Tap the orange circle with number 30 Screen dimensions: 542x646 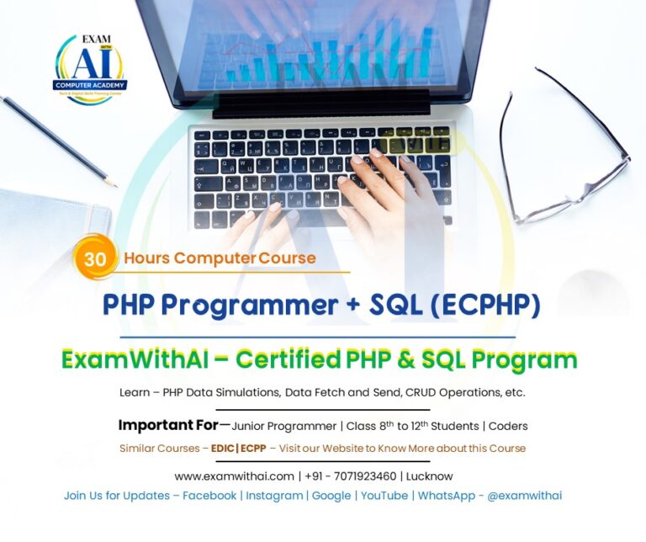(x=95, y=259)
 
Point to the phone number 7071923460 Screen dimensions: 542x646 (x=363, y=476)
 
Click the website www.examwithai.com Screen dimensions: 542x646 (x=234, y=476)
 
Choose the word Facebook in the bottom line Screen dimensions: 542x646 (x=209, y=496)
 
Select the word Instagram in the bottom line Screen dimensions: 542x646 (x=274, y=496)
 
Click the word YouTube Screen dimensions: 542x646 (x=384, y=496)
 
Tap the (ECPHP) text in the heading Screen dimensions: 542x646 (x=484, y=306)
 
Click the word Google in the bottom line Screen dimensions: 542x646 (x=331, y=496)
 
